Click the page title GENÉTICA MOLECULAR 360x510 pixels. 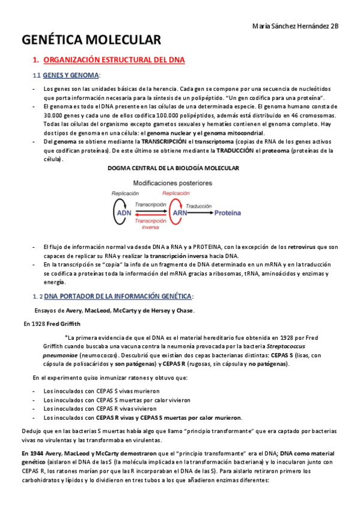[x=91, y=40]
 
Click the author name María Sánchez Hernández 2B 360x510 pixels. [x=296, y=26]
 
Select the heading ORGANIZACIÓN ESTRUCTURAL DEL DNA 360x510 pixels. [x=114, y=60]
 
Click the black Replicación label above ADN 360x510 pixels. [x=125, y=194]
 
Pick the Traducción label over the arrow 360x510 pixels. [x=198, y=206]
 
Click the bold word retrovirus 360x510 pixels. [x=301, y=247]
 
